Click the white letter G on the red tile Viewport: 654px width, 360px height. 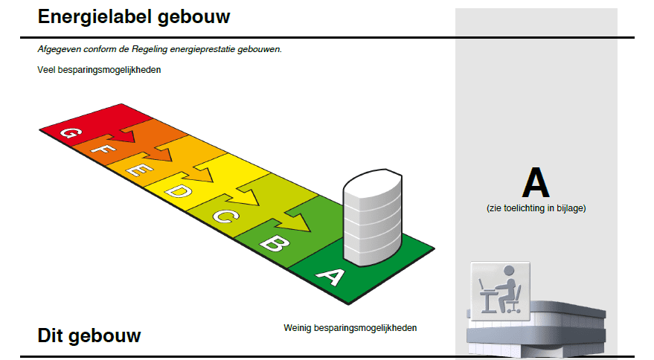[71, 132]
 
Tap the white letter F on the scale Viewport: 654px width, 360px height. [103, 148]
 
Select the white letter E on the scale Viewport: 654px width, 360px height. [139, 169]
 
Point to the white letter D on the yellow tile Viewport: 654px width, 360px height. [179, 191]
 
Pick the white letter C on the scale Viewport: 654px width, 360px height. [225, 216]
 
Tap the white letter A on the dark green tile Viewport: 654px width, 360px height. [331, 276]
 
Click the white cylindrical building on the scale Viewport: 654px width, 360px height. [373, 217]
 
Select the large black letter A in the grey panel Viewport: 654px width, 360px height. [536, 182]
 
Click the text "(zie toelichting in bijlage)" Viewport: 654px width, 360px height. [536, 208]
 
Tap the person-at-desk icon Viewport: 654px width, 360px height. [501, 291]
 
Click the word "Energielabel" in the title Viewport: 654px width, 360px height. [94, 17]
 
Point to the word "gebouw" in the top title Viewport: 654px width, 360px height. [194, 17]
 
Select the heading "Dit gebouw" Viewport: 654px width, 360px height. [89, 335]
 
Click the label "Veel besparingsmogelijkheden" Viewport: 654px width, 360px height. [99, 70]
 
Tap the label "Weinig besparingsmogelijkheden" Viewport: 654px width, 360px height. [350, 328]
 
